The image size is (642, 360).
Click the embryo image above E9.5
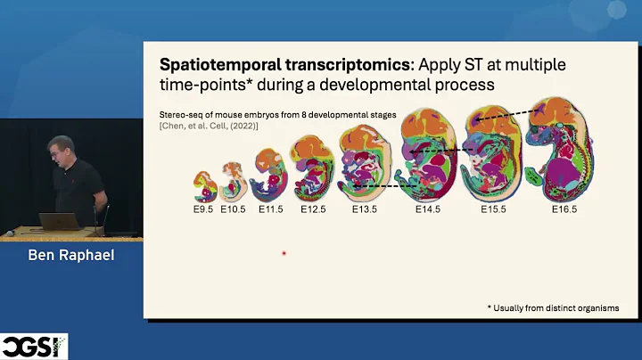point(206,186)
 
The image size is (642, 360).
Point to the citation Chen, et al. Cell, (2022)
point(209,126)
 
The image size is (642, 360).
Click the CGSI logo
point(34,346)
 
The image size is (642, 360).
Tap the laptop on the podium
point(61,221)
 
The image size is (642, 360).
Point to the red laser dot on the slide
point(284,253)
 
